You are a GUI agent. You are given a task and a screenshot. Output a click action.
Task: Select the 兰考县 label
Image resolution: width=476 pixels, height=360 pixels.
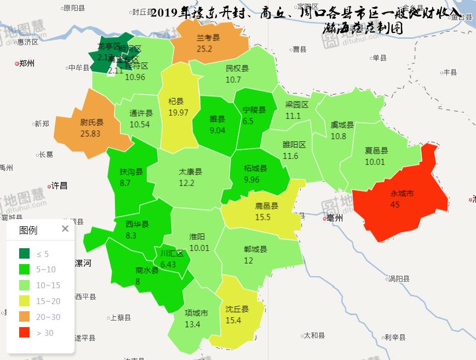(x=208, y=38)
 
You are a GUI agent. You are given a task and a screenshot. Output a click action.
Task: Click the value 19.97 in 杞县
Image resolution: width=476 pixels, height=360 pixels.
(x=179, y=112)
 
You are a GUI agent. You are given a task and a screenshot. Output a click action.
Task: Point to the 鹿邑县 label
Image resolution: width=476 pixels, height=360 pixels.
(x=267, y=206)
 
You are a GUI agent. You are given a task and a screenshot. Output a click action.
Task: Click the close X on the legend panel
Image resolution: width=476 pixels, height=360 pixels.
(x=65, y=229)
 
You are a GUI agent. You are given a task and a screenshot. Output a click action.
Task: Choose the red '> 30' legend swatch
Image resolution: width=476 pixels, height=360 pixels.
(x=25, y=333)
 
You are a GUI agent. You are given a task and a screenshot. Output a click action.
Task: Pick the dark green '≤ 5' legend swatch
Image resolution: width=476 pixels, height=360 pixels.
(x=25, y=254)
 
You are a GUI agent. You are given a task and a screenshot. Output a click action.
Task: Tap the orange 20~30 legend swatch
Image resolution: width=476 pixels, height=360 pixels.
(x=25, y=317)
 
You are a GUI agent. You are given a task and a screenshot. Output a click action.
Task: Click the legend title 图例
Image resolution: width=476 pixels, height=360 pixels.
(x=28, y=230)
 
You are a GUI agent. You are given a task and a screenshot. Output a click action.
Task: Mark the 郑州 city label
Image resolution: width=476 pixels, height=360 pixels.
(x=26, y=64)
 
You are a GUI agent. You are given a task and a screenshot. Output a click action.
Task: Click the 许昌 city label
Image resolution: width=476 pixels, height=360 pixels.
(x=59, y=186)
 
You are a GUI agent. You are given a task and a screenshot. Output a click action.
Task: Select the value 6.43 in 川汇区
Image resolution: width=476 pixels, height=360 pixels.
(x=168, y=264)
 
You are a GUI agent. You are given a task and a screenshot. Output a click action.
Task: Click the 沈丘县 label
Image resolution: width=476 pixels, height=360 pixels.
(x=237, y=309)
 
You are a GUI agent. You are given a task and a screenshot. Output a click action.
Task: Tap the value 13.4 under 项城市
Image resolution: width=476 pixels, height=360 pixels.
(x=193, y=324)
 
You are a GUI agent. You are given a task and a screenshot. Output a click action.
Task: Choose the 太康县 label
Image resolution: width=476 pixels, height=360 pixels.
(x=190, y=172)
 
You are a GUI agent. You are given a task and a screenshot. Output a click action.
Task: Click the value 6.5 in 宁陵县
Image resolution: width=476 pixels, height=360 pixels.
(x=248, y=121)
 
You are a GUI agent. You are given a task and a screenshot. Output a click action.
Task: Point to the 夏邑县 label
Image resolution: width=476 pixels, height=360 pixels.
(x=376, y=151)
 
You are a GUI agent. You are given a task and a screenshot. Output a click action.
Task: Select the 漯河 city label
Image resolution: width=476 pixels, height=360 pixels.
(x=82, y=263)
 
